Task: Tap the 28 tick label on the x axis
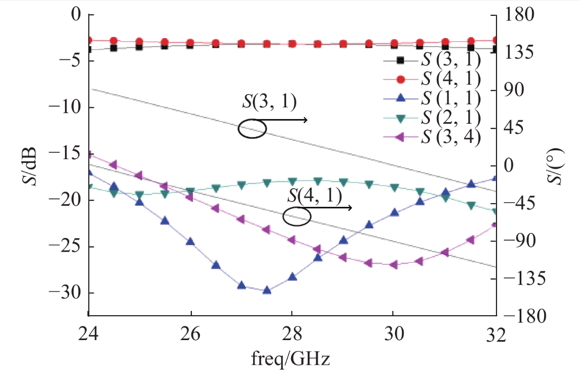291,335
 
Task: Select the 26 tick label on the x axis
190,335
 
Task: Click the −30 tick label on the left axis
65,293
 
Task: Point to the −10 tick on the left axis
65,107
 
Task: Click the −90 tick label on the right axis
520,241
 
